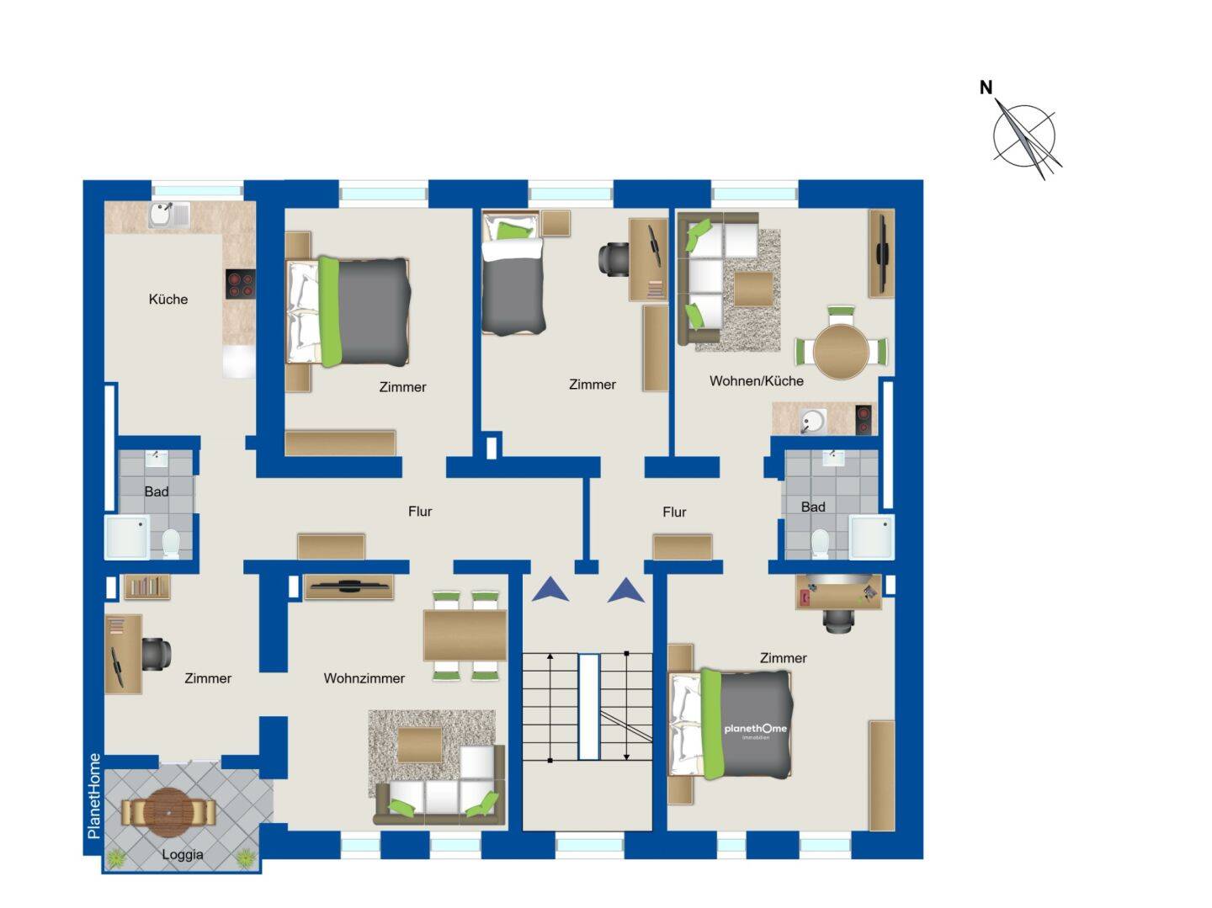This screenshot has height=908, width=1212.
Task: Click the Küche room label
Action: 167,300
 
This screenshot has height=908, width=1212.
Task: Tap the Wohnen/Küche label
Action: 756,381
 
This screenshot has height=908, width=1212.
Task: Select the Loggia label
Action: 182,854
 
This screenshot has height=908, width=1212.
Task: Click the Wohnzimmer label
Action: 364,677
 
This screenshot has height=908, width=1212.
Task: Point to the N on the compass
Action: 986,88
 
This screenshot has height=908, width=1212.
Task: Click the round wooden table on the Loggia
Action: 168,813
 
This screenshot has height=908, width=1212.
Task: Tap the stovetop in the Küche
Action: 240,284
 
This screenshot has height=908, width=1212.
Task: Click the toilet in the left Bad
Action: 171,543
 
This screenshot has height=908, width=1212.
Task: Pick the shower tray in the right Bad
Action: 871,537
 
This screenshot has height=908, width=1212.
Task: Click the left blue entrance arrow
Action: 550,589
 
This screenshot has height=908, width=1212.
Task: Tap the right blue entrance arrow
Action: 625,590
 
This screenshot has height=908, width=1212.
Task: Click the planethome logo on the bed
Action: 755,730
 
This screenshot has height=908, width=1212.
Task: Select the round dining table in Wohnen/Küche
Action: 841,351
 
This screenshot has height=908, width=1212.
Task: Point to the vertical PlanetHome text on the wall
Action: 94,795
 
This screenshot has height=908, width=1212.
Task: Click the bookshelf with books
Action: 147,587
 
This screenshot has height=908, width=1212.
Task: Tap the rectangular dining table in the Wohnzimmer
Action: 465,635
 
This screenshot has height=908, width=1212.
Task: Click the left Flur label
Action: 420,512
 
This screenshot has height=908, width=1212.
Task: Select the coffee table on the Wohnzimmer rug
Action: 420,745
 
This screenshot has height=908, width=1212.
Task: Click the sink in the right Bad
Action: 833,458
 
